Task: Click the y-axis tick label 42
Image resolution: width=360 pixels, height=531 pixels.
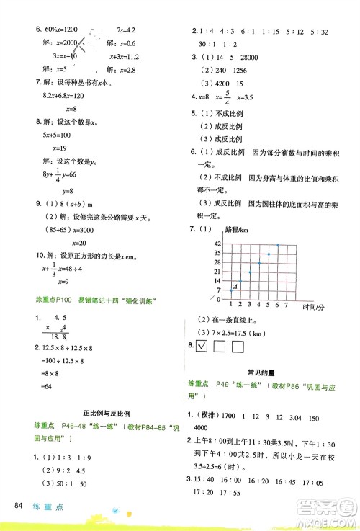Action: coord(217,244)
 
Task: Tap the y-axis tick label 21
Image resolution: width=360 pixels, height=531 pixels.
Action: coord(217,272)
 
